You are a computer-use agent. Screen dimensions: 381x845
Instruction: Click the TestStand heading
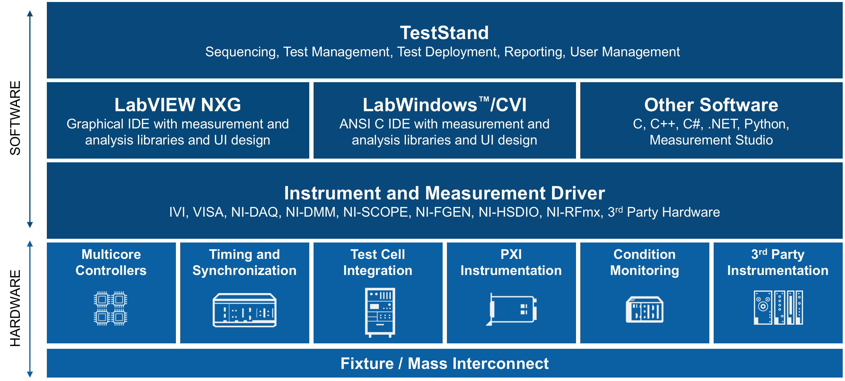tap(444, 33)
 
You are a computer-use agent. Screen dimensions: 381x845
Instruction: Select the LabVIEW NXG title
tap(177, 105)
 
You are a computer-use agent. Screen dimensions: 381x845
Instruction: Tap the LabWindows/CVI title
tap(444, 105)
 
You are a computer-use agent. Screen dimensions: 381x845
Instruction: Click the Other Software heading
tap(711, 105)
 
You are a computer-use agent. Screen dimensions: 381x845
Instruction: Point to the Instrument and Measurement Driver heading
tap(444, 193)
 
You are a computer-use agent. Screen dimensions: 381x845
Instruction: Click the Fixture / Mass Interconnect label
tap(444, 363)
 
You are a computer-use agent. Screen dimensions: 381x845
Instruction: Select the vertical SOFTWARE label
tap(15, 118)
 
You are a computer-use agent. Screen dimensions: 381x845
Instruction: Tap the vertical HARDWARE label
tap(15, 308)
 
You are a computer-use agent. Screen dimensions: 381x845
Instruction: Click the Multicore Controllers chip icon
tap(111, 308)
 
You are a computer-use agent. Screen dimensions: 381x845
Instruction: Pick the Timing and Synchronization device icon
tap(244, 310)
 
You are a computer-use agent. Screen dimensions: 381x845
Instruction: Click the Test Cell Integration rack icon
tap(380, 312)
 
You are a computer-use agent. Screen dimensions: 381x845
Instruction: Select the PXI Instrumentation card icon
tap(512, 309)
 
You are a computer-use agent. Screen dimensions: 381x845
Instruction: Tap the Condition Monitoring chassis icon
tap(645, 310)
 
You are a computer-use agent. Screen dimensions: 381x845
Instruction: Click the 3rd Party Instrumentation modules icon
tap(778, 307)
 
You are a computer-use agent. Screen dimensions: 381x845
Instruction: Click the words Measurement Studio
tap(711, 140)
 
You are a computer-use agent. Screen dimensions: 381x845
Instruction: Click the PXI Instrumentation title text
tap(511, 262)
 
